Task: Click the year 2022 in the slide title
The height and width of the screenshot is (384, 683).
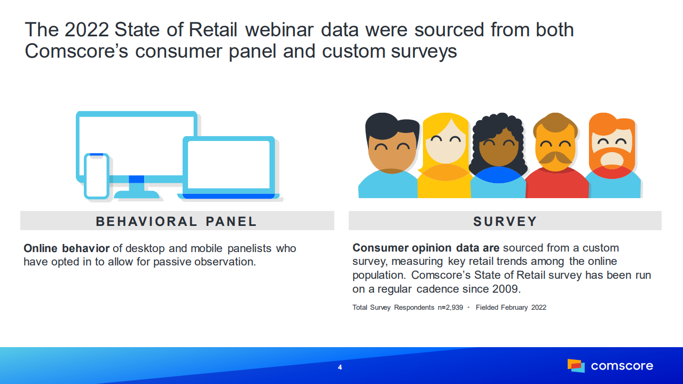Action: [x=87, y=29]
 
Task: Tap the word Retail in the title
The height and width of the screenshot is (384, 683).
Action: [x=213, y=29]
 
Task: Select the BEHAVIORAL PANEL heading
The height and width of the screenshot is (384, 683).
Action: [x=176, y=222]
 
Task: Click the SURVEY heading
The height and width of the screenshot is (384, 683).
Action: [x=505, y=222]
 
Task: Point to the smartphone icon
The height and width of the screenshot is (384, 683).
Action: [x=96, y=176]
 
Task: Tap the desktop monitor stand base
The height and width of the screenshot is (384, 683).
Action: [x=137, y=194]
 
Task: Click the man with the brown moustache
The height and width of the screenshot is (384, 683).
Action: [x=555, y=155]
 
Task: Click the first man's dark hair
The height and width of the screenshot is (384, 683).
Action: [x=392, y=126]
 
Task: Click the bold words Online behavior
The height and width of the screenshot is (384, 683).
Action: [x=66, y=248]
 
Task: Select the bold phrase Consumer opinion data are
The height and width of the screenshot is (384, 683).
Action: [x=426, y=248]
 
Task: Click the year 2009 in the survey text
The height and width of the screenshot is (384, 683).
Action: [x=505, y=289]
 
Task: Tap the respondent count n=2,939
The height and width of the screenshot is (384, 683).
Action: [x=450, y=308]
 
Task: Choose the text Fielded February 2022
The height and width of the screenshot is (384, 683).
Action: [x=511, y=308]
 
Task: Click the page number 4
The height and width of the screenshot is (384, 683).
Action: [x=340, y=367]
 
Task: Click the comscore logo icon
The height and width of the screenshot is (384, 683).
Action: [x=576, y=365]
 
